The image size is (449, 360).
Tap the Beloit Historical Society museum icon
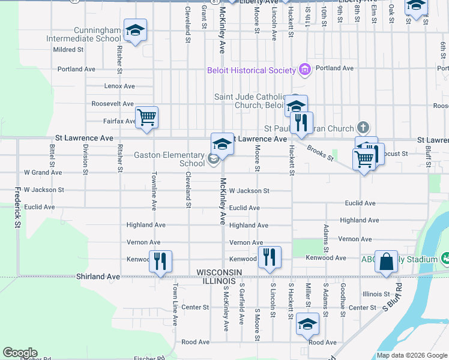(x=305, y=70)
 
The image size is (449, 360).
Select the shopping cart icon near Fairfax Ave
(x=146, y=117)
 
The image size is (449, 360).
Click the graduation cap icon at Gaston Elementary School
(x=222, y=144)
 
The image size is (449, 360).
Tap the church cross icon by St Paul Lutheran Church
(x=362, y=127)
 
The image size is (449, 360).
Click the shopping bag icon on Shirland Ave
(x=387, y=262)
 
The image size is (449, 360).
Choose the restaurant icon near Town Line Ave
(x=160, y=262)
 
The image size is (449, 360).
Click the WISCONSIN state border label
(x=219, y=272)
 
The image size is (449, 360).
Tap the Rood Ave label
(x=195, y=342)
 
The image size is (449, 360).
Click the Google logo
(x=20, y=353)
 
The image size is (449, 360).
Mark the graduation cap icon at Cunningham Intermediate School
(x=135, y=31)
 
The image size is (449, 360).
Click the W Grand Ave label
(x=43, y=172)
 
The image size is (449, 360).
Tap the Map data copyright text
(x=411, y=355)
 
